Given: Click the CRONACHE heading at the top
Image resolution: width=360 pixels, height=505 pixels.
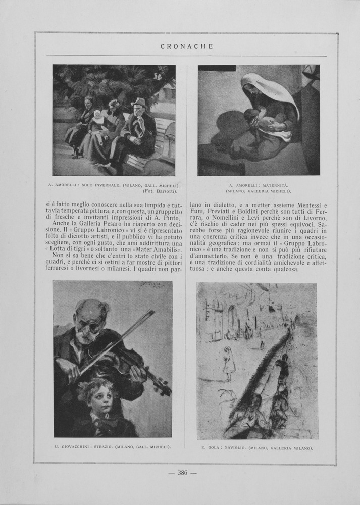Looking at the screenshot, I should coord(186,46).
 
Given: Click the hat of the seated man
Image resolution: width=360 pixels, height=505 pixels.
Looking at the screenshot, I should coord(138,102).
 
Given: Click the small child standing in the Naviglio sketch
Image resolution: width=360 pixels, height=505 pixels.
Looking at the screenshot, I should coord(229,361).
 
